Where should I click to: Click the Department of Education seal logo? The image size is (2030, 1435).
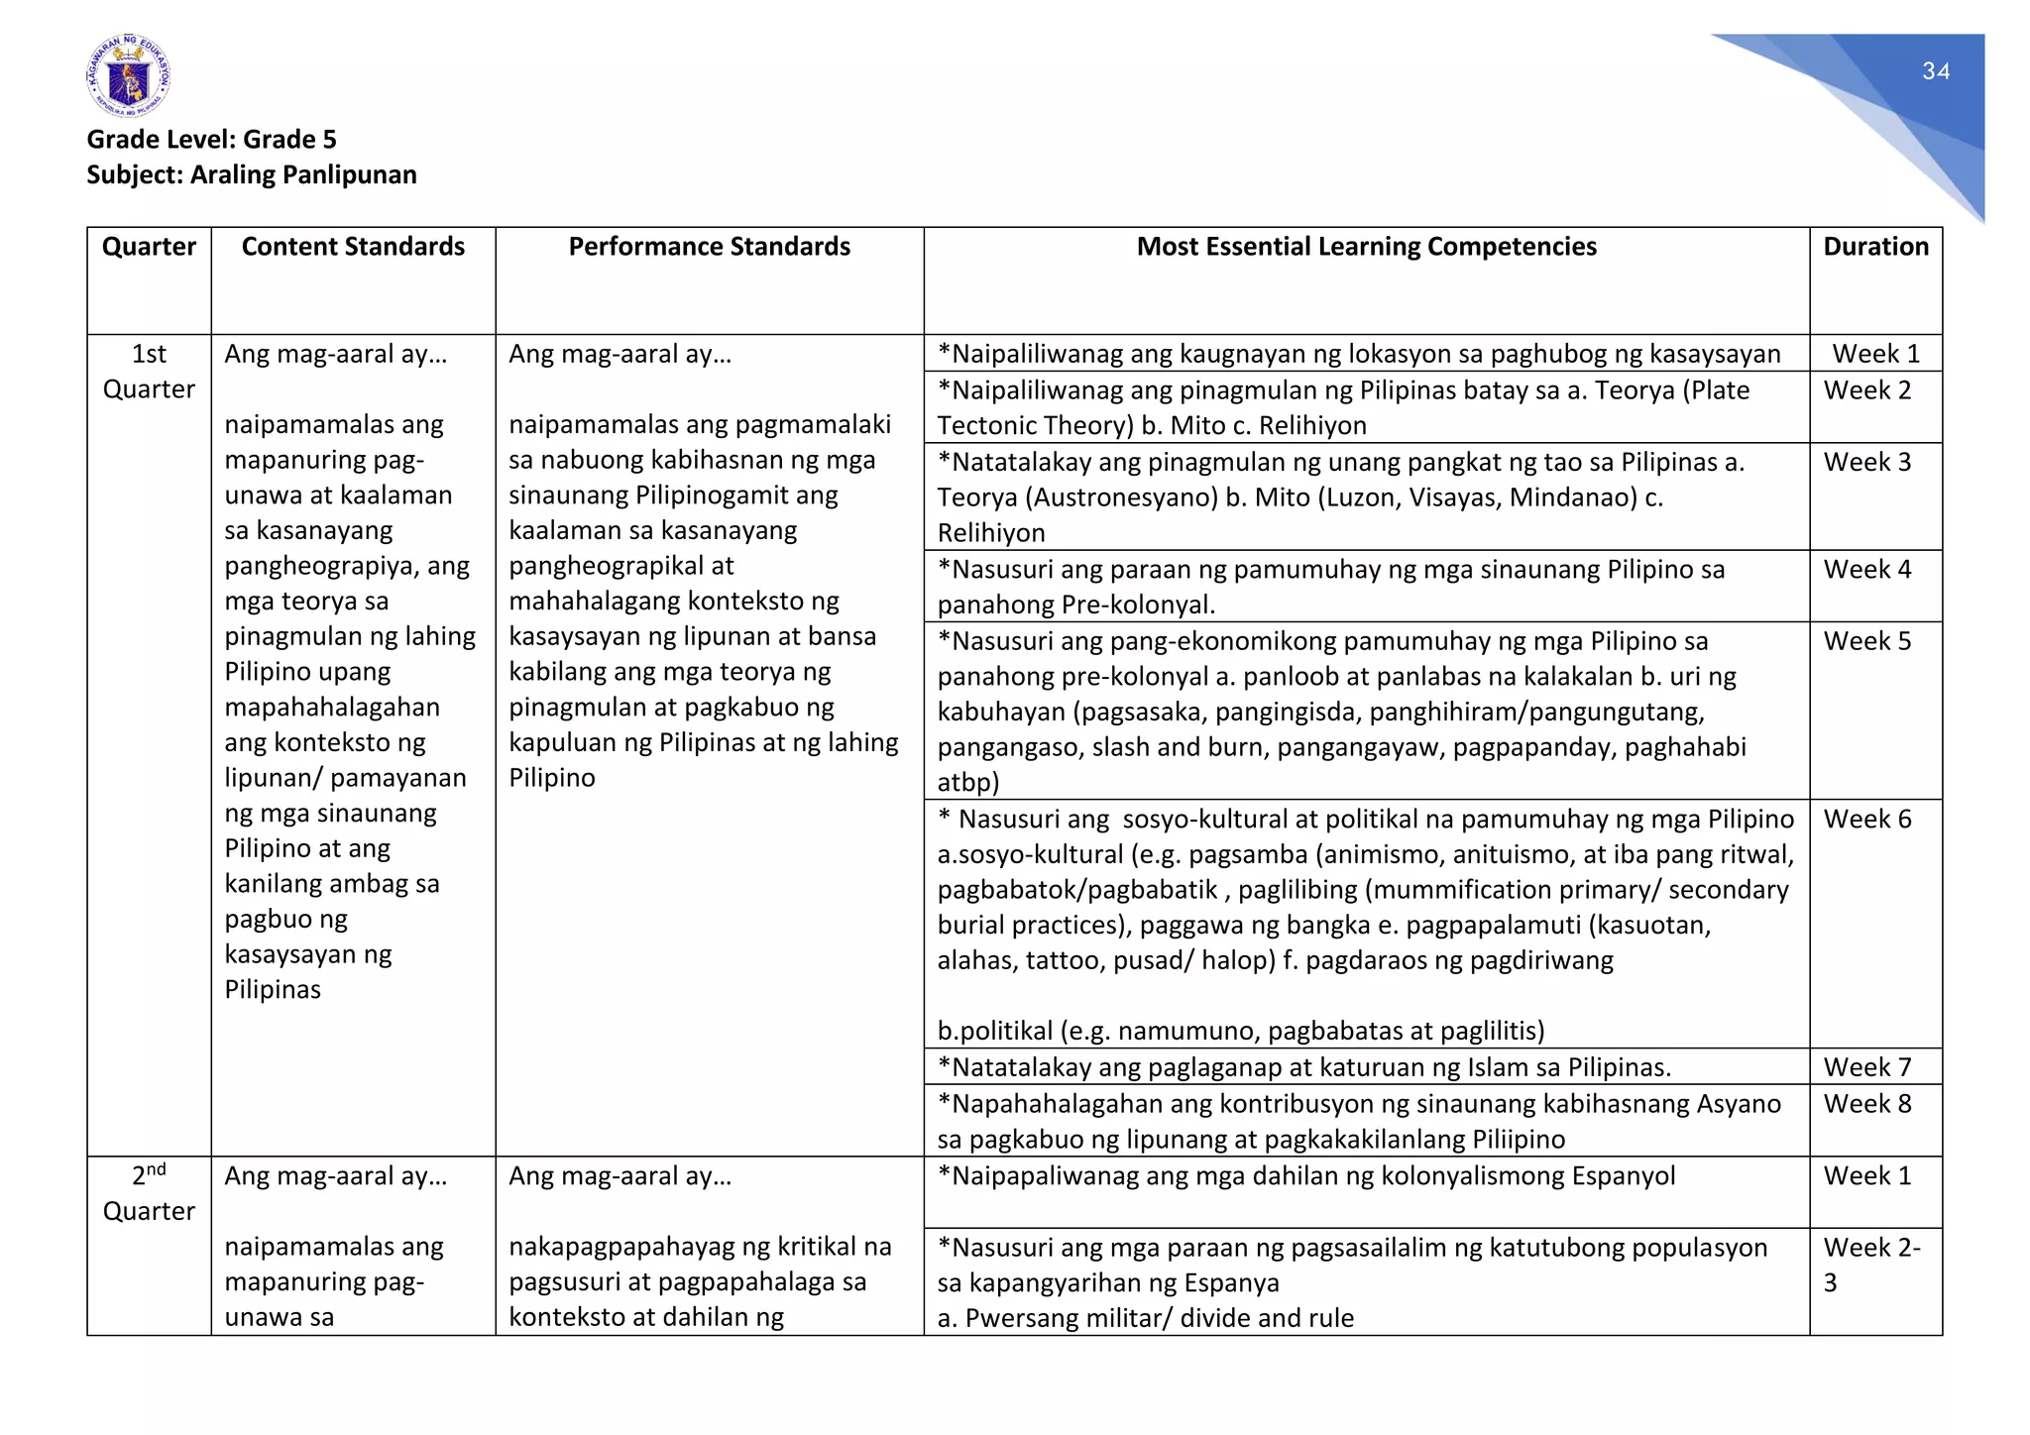pyautogui.click(x=128, y=76)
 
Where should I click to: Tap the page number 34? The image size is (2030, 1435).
pyautogui.click(x=1935, y=71)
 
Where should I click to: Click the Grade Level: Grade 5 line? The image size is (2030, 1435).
pyautogui.click(x=211, y=139)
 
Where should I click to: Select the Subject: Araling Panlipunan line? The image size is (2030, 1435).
pyautogui.click(x=251, y=174)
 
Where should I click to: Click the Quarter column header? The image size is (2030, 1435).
pyautogui.click(x=149, y=246)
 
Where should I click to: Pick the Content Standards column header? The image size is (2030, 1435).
pyautogui.click(x=353, y=246)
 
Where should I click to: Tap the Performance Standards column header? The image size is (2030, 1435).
pyautogui.click(x=709, y=246)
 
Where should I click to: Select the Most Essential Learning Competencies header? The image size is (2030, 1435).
pyautogui.click(x=1366, y=246)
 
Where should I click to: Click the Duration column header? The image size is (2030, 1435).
pyautogui.click(x=1875, y=246)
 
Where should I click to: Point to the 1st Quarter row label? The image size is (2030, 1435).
pyautogui.click(x=149, y=372)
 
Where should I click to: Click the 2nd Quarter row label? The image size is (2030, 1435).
pyautogui.click(x=149, y=1193)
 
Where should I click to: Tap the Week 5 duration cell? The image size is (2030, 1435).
pyautogui.click(x=1866, y=641)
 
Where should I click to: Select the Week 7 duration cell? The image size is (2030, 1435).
pyautogui.click(x=1866, y=1067)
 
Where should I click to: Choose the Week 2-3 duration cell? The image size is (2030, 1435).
pyautogui.click(x=1870, y=1265)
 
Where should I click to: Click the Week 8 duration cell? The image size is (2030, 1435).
pyautogui.click(x=1866, y=1104)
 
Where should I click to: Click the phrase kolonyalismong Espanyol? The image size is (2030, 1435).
pyautogui.click(x=1527, y=1176)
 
